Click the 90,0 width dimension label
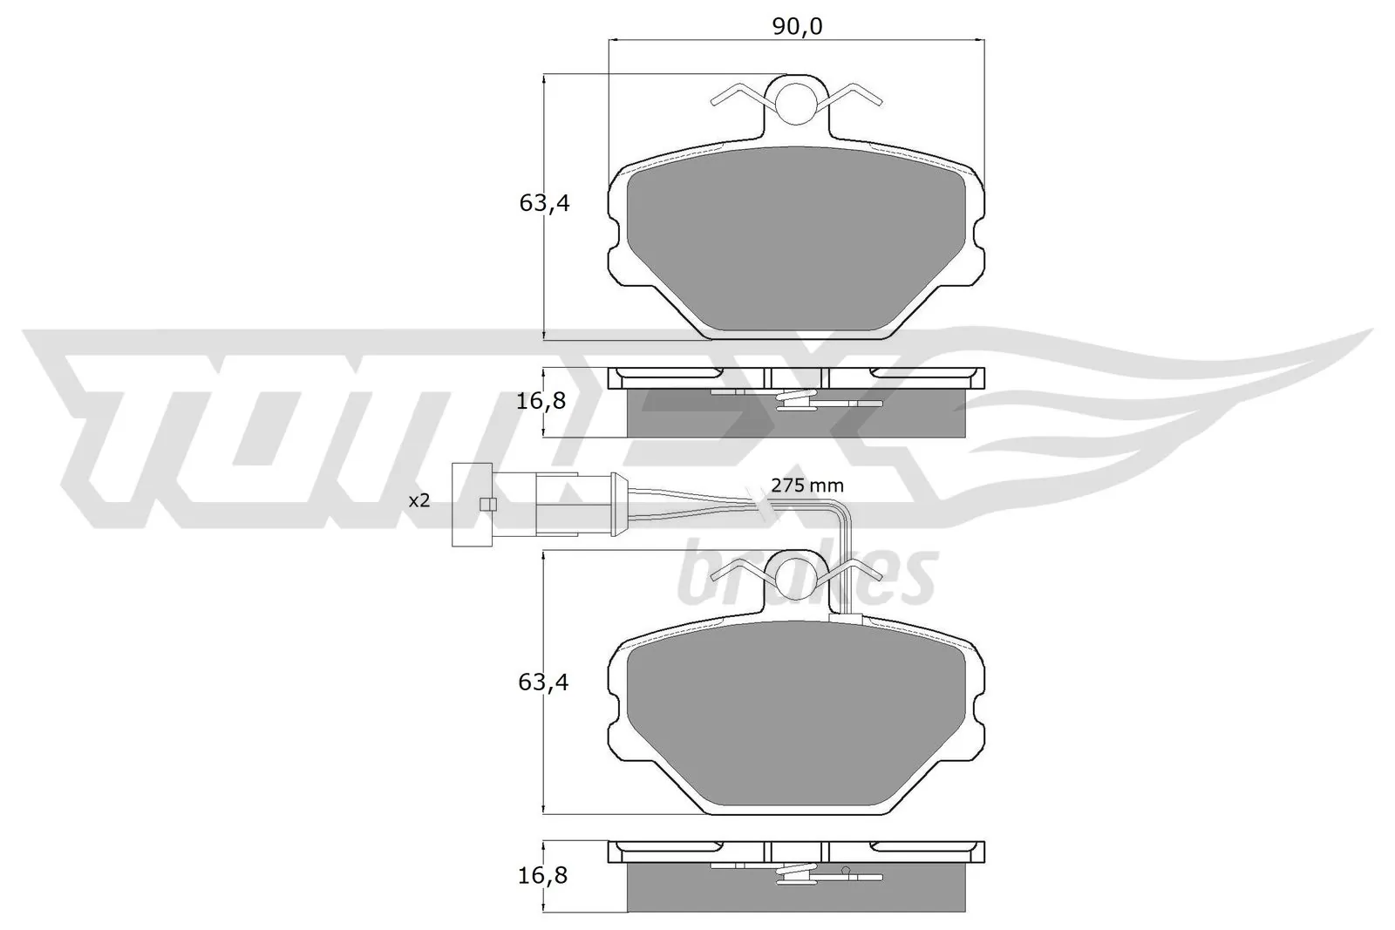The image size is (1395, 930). pyautogui.click(x=797, y=27)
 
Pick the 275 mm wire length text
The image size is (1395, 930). pyautogui.click(x=807, y=485)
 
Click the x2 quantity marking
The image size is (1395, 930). pyautogui.click(x=420, y=500)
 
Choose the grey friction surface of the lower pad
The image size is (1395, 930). pyautogui.click(x=795, y=723)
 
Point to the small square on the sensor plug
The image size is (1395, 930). pyautogui.click(x=488, y=504)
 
